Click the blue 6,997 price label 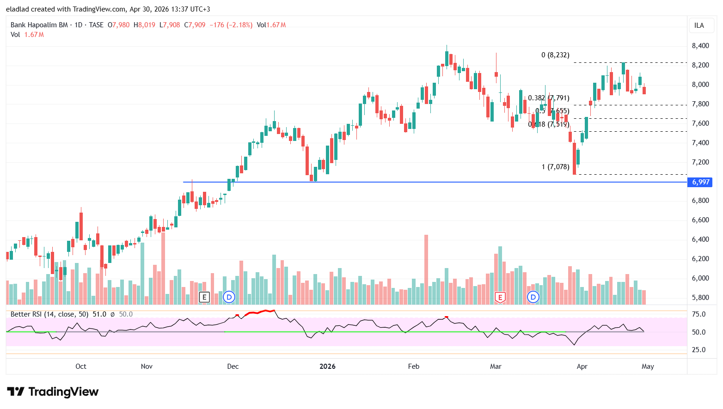pyautogui.click(x=700, y=182)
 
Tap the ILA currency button pyautogui.click(x=699, y=25)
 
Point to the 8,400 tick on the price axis pyautogui.click(x=700, y=46)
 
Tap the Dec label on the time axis pyautogui.click(x=233, y=366)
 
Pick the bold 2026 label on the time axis pyautogui.click(x=327, y=366)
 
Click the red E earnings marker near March pyautogui.click(x=500, y=297)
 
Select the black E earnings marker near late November pyautogui.click(x=204, y=297)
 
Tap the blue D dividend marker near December pyautogui.click(x=229, y=297)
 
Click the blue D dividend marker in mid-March pyautogui.click(x=533, y=297)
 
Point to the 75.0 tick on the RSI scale pyautogui.click(x=698, y=314)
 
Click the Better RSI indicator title pyautogui.click(x=49, y=314)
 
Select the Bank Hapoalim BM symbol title pyautogui.click(x=39, y=25)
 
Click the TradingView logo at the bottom pyautogui.click(x=53, y=392)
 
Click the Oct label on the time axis pyautogui.click(x=81, y=366)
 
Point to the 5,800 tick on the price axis pyautogui.click(x=700, y=298)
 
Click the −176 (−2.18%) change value pyautogui.click(x=231, y=25)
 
